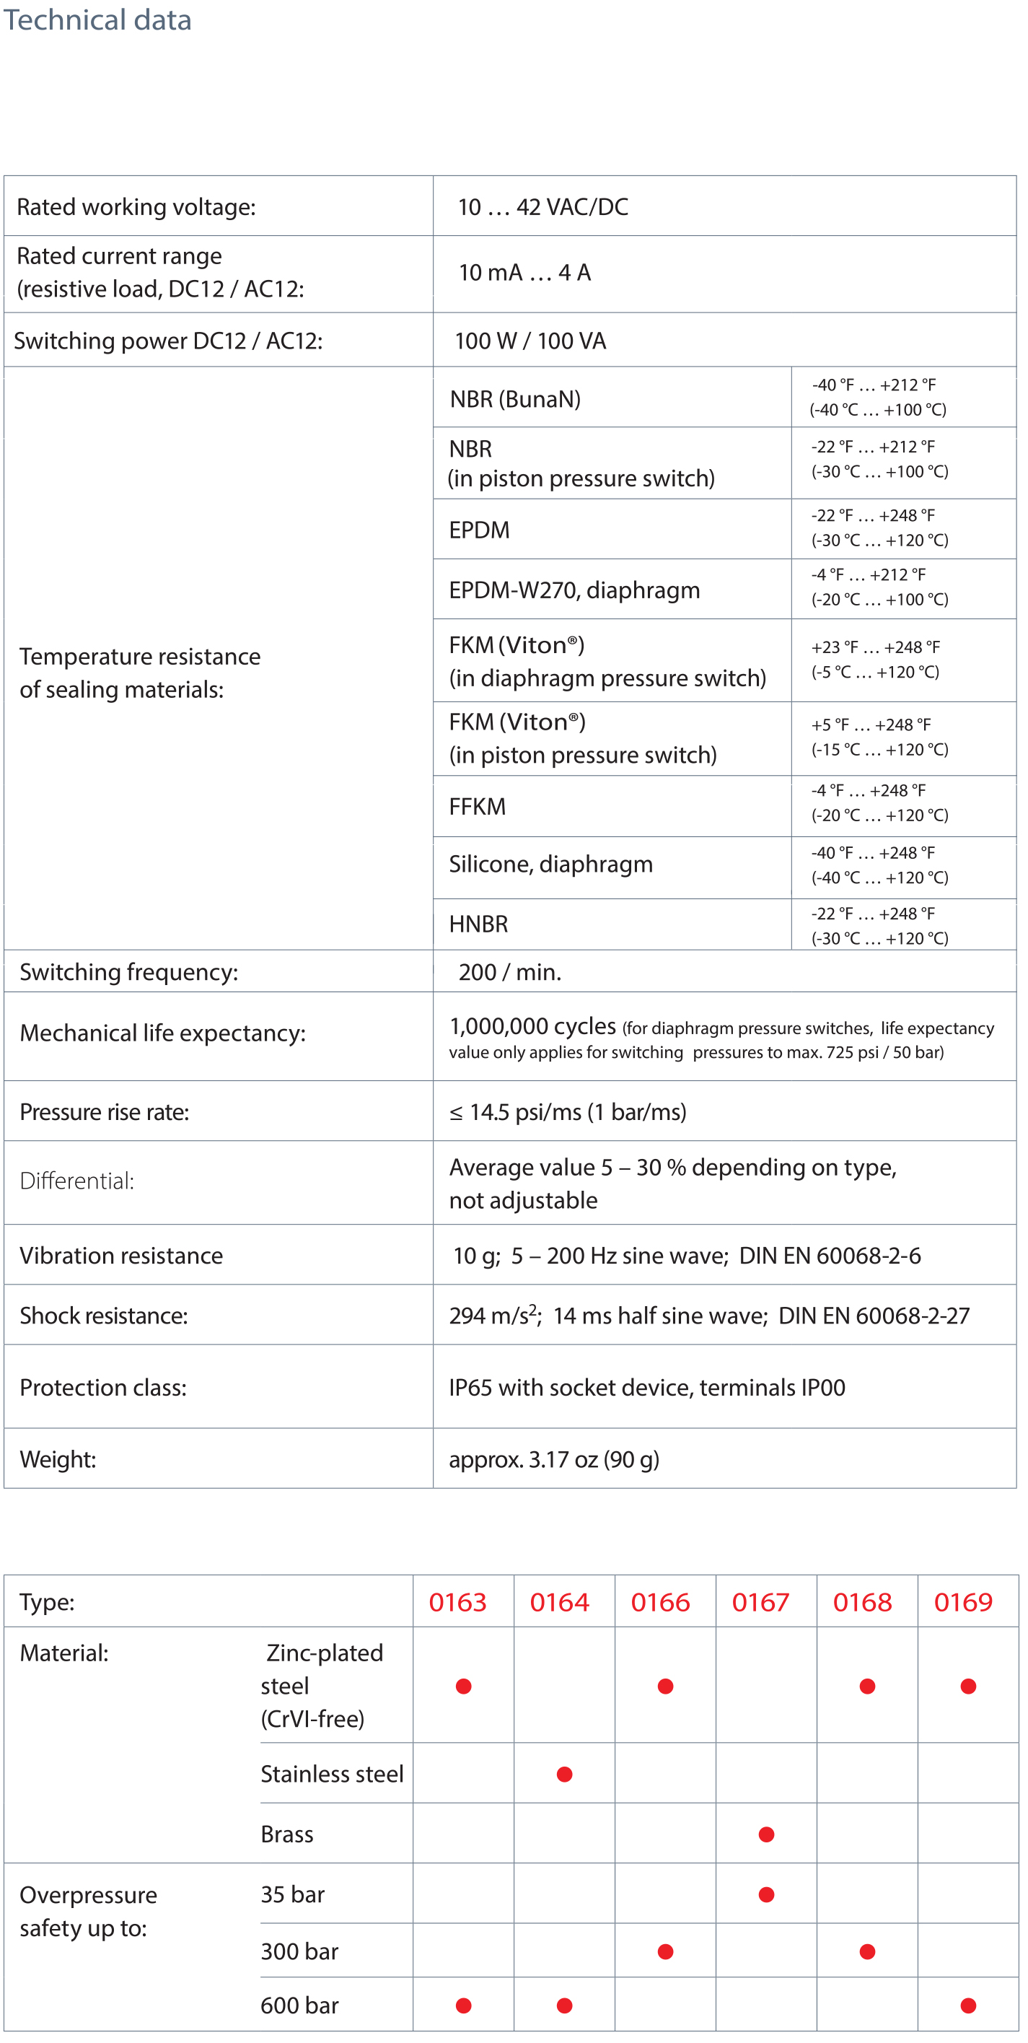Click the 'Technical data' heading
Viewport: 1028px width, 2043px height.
click(x=97, y=19)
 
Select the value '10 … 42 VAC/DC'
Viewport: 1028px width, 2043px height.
click(x=542, y=207)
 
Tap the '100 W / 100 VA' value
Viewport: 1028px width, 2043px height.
click(x=530, y=341)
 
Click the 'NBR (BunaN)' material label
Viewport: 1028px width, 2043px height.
click(x=515, y=398)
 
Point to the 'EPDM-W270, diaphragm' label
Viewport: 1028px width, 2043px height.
click(x=574, y=590)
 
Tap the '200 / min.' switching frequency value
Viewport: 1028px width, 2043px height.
click(x=509, y=971)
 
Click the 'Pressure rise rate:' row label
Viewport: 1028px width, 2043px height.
click(x=105, y=1112)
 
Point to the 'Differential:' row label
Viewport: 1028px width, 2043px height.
click(x=77, y=1181)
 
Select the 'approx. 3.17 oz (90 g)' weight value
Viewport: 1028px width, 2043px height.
click(x=553, y=1459)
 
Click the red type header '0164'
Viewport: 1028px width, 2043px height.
click(x=559, y=1602)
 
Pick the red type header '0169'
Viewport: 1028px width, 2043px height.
click(x=963, y=1602)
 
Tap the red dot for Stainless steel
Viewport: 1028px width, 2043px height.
click(x=564, y=1774)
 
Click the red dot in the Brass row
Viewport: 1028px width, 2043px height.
click(x=766, y=1834)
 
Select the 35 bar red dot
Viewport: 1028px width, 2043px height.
click(x=766, y=1894)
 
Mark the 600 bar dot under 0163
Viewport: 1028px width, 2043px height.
click(x=464, y=2005)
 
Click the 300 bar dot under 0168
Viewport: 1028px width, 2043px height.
click(x=867, y=1952)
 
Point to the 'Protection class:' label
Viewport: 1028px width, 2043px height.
click(x=103, y=1388)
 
